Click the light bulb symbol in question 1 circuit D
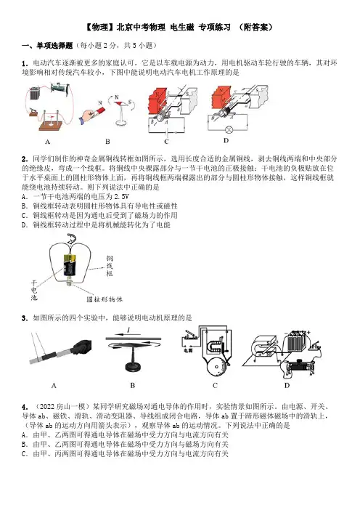coord(229,129)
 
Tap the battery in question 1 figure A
coord(34,93)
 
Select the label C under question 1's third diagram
coord(166,142)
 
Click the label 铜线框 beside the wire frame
coord(110,266)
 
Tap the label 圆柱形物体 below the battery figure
coord(105,299)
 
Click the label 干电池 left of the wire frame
coord(34,290)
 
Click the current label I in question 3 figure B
coord(128,331)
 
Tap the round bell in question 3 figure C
coord(215,367)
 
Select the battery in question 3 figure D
coord(295,342)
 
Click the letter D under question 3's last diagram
coord(287,386)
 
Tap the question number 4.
coord(25,407)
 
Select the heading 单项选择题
coord(54,46)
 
